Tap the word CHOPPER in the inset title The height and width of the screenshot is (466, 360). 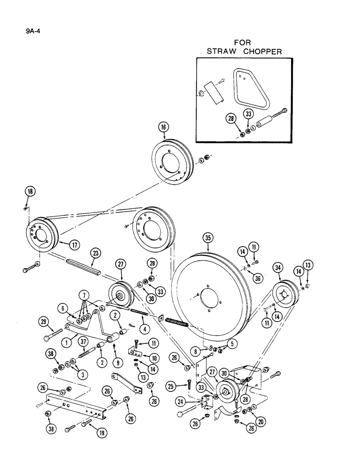(263, 51)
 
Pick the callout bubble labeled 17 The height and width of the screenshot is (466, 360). (73, 244)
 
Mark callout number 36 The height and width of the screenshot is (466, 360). (259, 278)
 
